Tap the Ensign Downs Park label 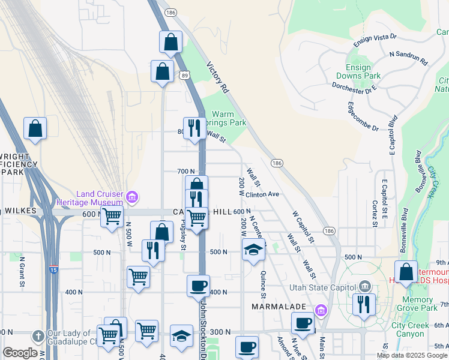click(x=363, y=72)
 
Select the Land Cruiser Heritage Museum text click(x=99, y=198)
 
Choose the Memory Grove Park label click(x=418, y=304)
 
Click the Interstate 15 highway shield click(x=54, y=270)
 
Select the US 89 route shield click(x=184, y=74)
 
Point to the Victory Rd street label click(x=217, y=77)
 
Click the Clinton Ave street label click(x=262, y=194)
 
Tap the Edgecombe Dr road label click(x=363, y=116)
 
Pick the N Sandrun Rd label click(x=408, y=58)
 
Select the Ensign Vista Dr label click(x=375, y=40)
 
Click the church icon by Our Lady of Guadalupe click(x=37, y=335)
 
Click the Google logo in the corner click(x=20, y=353)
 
